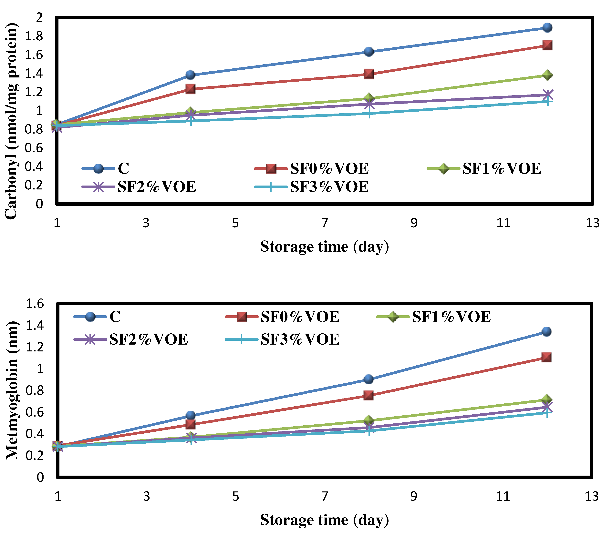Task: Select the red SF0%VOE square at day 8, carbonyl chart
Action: [x=369, y=74]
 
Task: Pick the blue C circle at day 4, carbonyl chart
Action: [x=190, y=75]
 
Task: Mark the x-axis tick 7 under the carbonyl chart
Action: [x=324, y=223]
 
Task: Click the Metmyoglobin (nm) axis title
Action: [x=12, y=390]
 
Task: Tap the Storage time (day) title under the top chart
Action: [x=324, y=247]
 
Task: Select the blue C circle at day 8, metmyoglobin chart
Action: [x=369, y=379]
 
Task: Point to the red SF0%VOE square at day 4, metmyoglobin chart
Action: [x=191, y=424]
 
